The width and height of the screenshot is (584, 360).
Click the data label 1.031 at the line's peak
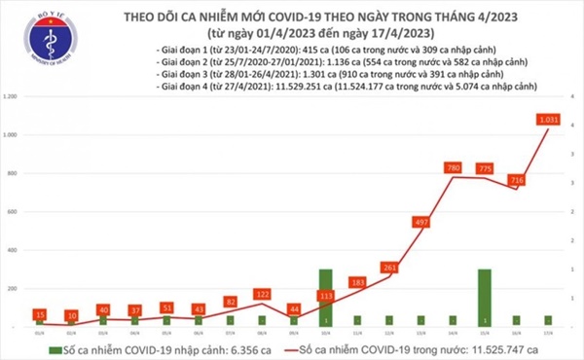coord(548,120)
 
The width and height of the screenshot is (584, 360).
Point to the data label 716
coord(517,180)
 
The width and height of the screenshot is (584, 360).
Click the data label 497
coord(420,223)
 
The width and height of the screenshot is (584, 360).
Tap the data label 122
coord(262,293)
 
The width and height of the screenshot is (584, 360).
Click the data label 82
coord(230,302)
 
